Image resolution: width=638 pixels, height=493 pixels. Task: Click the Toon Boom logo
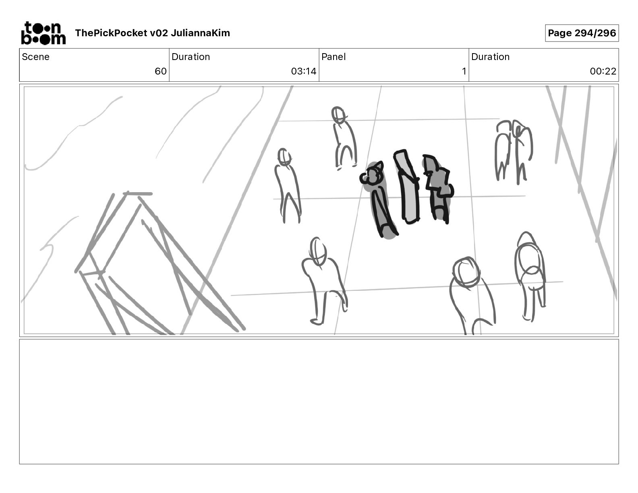point(43,33)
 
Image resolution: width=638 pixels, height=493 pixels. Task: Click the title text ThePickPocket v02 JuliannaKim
point(152,33)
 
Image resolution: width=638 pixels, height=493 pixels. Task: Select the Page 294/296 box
point(582,33)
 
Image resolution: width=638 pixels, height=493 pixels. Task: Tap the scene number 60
point(160,71)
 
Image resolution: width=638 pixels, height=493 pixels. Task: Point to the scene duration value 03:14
point(303,71)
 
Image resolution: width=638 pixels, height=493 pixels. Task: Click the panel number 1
point(464,71)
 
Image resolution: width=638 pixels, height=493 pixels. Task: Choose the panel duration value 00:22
point(603,71)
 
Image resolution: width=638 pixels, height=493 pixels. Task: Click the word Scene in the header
point(35,57)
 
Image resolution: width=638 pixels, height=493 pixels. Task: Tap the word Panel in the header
point(333,57)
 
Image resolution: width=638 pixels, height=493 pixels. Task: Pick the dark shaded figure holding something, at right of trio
point(438,187)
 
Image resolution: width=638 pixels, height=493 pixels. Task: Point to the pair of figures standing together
point(513,151)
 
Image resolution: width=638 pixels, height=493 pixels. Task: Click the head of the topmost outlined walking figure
point(338,114)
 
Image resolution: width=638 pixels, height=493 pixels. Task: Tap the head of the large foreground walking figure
point(318,251)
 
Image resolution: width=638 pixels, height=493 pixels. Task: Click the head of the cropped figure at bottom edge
point(466,271)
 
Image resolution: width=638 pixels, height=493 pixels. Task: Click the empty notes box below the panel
point(319,401)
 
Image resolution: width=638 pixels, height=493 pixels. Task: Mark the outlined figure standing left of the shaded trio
point(287,185)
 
